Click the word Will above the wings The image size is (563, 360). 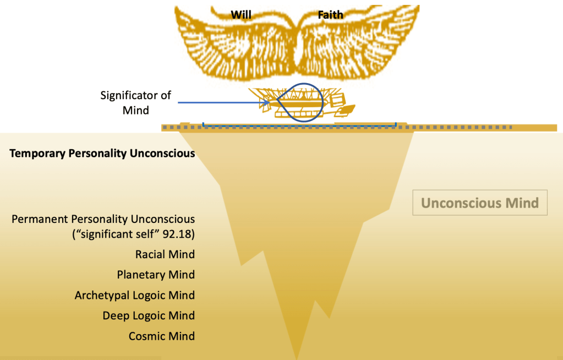coord(241,15)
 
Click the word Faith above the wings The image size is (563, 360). coord(330,15)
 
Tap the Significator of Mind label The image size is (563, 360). coord(135,102)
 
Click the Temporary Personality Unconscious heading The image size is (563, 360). coord(102,153)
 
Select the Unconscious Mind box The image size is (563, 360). coord(480,203)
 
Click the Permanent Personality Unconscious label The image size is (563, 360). coord(103,219)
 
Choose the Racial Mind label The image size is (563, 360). coord(165,254)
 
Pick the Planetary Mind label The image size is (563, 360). coord(156,274)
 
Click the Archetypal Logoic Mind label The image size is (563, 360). coord(135,295)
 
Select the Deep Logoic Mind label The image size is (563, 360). coord(149,315)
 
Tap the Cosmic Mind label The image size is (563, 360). coord(162,336)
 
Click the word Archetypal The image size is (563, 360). coord(102,295)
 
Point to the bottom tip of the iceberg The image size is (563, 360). coord(298,357)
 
